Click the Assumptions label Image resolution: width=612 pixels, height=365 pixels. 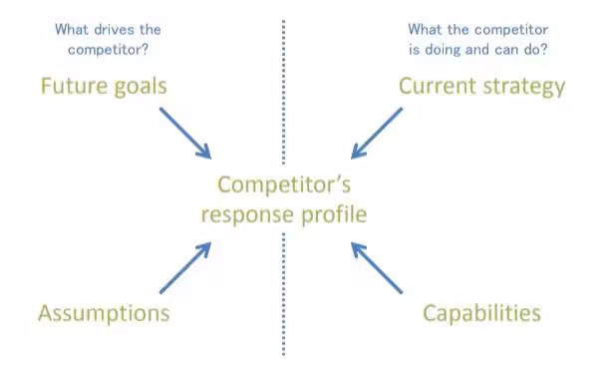tap(104, 313)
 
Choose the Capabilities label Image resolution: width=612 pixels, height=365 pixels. tap(481, 313)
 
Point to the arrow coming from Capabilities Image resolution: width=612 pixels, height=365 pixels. tap(377, 266)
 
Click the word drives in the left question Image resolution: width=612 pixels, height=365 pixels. tap(108, 29)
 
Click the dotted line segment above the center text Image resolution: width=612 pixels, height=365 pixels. tap(284, 90)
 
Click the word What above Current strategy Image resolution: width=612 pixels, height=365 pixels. tap(426, 29)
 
